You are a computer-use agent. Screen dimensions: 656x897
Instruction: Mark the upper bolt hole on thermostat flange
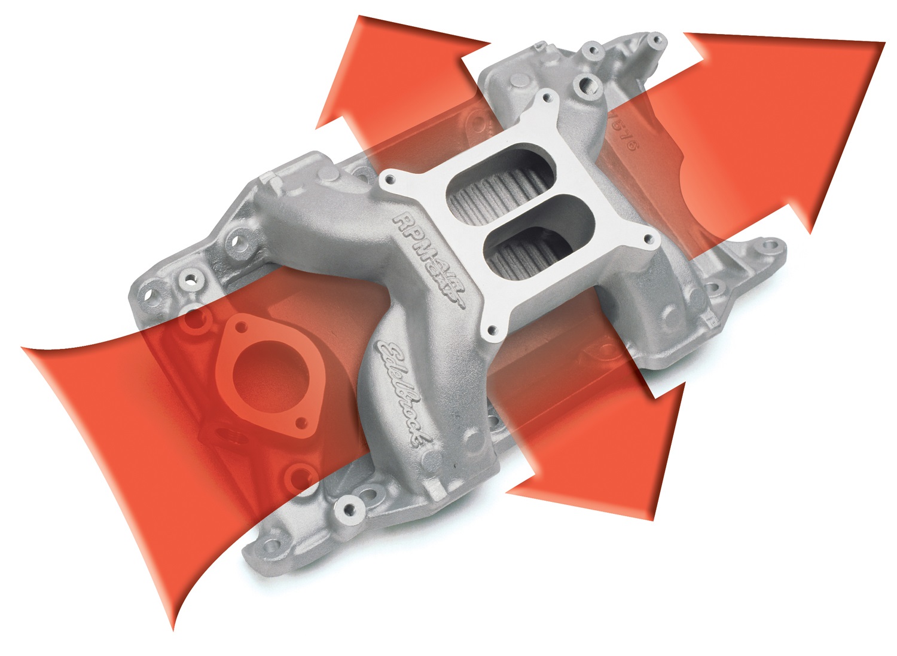(241, 327)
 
